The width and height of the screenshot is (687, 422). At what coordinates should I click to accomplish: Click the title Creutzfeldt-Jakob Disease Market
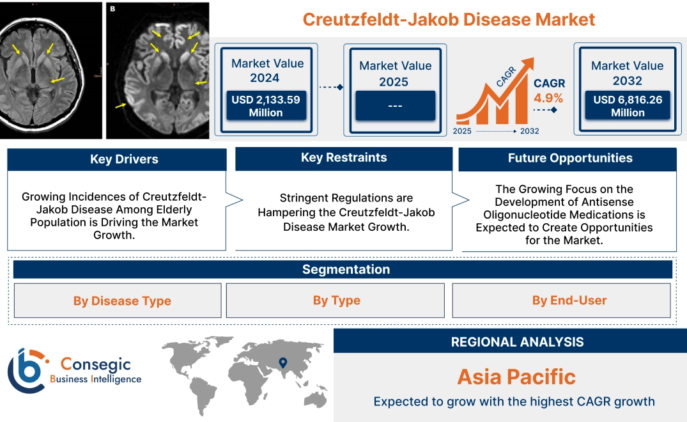click(449, 19)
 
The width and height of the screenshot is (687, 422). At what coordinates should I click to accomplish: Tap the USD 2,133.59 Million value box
click(265, 106)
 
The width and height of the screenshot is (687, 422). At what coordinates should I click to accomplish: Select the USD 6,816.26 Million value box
click(627, 106)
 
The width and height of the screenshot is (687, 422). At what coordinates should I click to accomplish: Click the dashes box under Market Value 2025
click(395, 105)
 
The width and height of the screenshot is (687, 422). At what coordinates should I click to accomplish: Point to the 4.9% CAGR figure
click(548, 98)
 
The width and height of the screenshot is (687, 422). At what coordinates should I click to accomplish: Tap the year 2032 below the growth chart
click(529, 131)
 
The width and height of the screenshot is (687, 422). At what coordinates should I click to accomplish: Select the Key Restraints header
click(344, 158)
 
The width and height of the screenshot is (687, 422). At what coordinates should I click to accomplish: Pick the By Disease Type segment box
click(122, 301)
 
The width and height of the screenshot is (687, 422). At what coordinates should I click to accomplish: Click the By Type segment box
click(336, 301)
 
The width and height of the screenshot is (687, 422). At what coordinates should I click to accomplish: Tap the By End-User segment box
click(569, 301)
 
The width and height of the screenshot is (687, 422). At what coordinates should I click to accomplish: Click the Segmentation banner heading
click(346, 269)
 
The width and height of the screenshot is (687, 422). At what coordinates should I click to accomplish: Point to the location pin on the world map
click(282, 364)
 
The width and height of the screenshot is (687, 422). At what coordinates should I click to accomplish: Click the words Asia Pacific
click(516, 377)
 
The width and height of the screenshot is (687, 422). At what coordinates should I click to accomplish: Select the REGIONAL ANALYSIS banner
click(517, 342)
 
